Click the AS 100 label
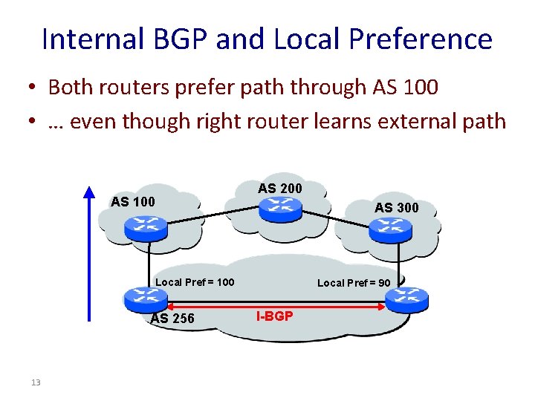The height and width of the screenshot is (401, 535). (133, 201)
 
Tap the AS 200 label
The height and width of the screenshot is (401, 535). (280, 189)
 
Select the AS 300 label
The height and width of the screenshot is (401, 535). (397, 208)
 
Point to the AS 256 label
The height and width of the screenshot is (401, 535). (172, 319)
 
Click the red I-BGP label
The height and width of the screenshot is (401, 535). (274, 316)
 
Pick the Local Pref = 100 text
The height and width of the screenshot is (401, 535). (195, 282)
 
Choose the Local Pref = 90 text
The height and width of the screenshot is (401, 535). (354, 283)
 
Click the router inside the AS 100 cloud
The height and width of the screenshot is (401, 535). (146, 226)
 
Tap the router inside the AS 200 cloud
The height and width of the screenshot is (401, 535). (280, 208)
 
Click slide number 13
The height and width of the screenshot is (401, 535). (35, 382)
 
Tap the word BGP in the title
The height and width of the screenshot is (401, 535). (178, 39)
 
